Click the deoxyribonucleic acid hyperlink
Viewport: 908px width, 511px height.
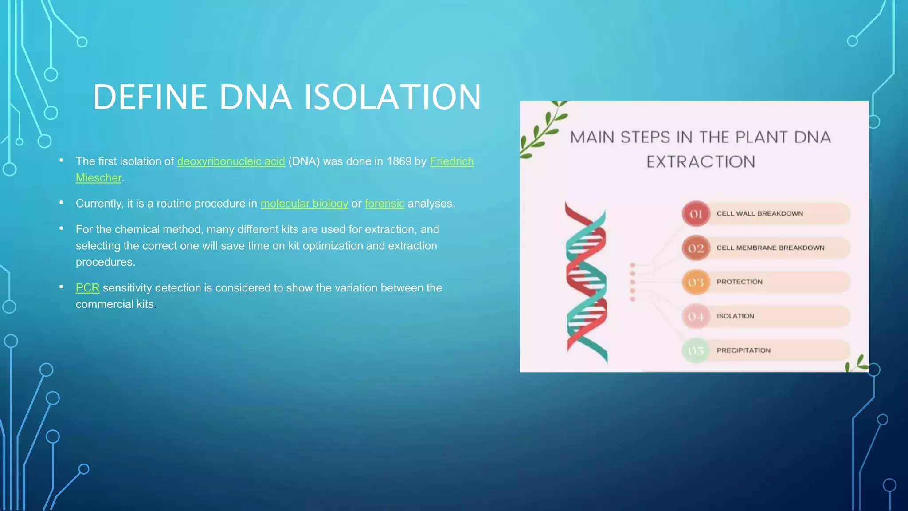231,161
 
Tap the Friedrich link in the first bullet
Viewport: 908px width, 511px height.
451,161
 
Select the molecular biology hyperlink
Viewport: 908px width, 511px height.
304,204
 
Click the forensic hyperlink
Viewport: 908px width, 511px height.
384,204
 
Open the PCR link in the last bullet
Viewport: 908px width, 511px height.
87,288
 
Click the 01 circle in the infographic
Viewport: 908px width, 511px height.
696,214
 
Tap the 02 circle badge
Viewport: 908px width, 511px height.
696,248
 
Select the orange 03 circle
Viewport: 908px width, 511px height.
696,282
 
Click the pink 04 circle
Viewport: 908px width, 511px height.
696,316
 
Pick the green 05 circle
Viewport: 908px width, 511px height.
696,350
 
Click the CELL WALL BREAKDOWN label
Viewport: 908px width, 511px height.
759,213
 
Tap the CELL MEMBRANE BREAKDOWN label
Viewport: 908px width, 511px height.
770,248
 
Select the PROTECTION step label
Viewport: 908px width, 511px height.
739,282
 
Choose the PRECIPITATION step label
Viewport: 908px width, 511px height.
743,350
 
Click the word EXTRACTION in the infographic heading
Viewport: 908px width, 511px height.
701,162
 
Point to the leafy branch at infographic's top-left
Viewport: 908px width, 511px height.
542,131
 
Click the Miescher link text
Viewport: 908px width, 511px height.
98,178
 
